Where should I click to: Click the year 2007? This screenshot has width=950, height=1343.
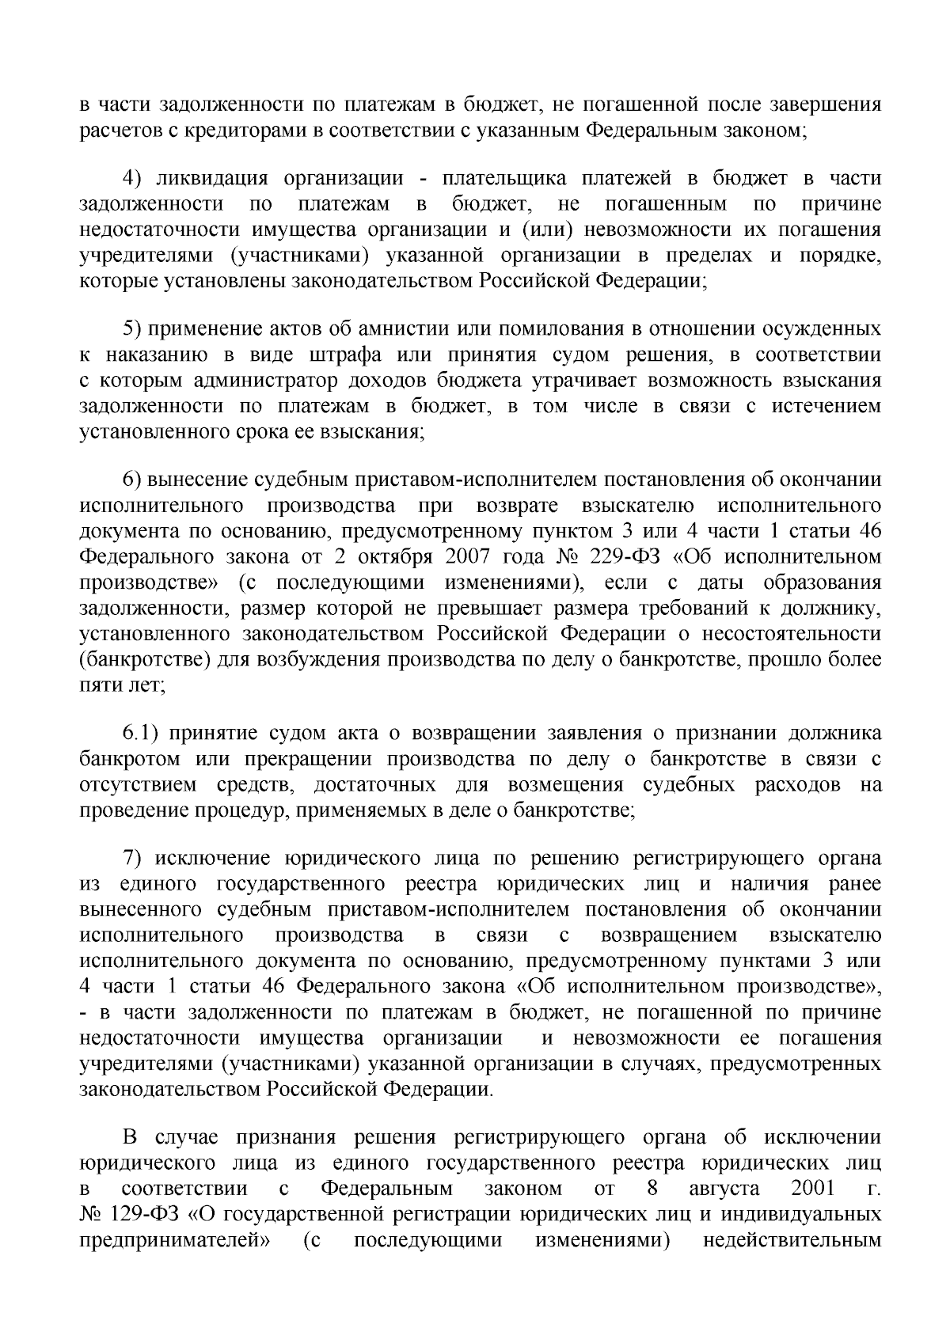461,557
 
